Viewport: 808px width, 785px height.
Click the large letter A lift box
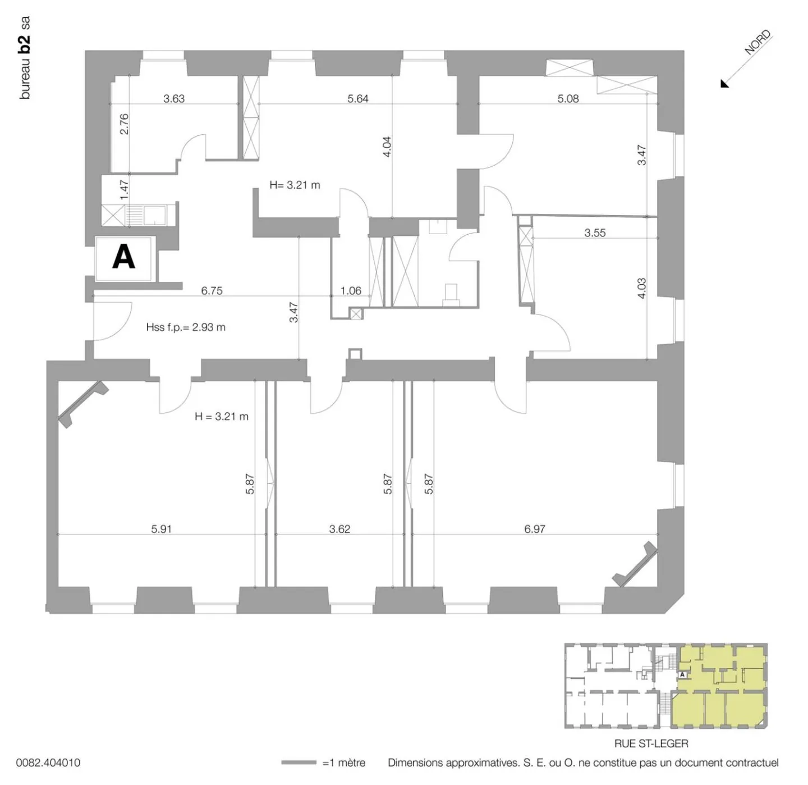point(124,258)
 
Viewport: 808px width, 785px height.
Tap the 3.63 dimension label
point(174,99)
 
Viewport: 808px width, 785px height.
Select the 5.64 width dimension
point(358,99)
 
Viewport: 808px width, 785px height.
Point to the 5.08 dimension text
point(568,99)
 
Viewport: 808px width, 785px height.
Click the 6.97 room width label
point(535,529)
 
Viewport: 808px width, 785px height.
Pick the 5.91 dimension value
point(162,529)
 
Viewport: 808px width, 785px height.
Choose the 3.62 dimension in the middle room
point(339,529)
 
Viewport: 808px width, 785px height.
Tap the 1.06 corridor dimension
point(351,291)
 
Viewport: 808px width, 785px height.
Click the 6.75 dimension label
point(212,291)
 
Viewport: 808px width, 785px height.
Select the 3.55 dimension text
point(595,233)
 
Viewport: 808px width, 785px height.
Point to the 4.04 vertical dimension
point(387,147)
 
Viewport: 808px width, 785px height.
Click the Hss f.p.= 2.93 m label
point(186,327)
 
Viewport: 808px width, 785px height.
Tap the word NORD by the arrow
point(758,43)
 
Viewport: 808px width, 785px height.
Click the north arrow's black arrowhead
point(725,84)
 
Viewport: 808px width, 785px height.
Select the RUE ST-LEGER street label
point(651,743)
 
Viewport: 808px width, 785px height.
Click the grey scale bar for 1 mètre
point(299,763)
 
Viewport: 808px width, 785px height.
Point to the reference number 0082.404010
point(48,763)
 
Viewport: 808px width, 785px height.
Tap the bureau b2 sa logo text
point(25,58)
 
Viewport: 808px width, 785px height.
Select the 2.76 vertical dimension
point(125,124)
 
